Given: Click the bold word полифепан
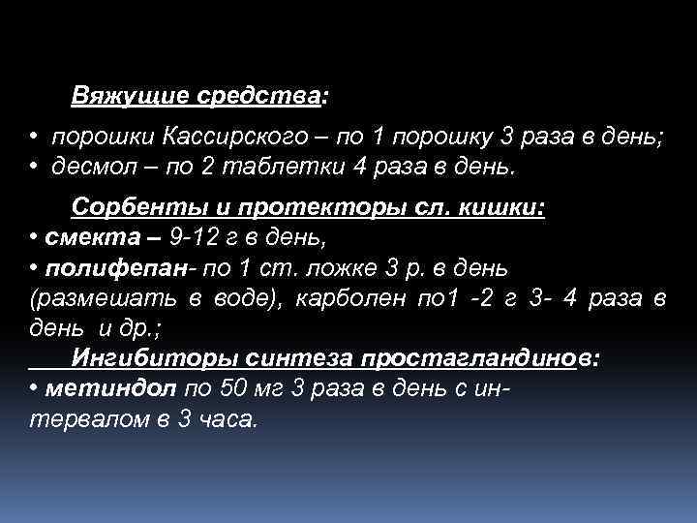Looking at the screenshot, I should pos(97,267).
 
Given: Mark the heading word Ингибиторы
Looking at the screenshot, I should pos(146,358).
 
